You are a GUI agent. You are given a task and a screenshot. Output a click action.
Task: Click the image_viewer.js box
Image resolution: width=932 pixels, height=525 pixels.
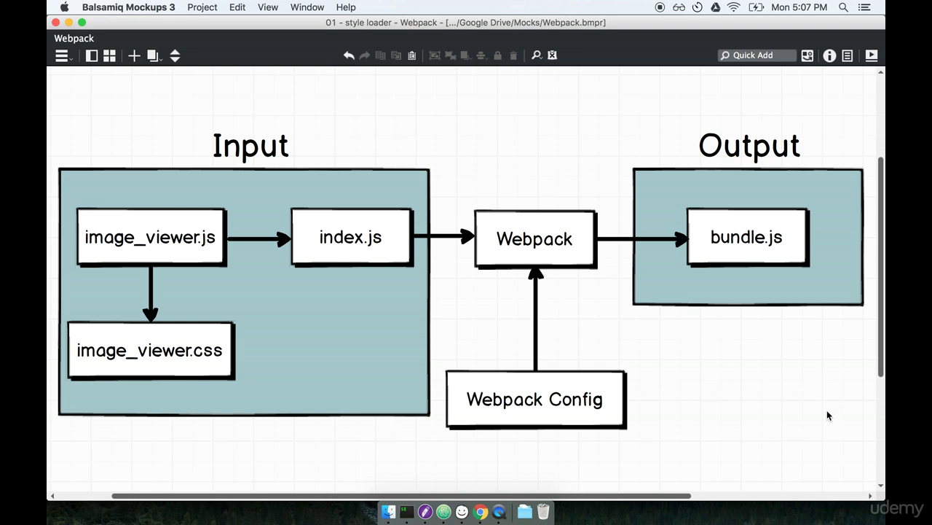click(151, 237)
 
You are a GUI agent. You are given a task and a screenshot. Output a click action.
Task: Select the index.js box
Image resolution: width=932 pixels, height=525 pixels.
click(351, 237)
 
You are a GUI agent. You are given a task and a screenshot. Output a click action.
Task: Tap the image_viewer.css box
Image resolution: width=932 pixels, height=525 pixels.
click(150, 351)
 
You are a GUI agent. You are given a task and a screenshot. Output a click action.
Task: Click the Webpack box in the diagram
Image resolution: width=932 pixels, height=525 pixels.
click(534, 239)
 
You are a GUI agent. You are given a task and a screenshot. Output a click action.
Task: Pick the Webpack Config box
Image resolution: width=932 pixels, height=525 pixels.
click(535, 400)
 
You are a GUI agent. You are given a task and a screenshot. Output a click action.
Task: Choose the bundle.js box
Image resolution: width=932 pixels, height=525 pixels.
click(747, 237)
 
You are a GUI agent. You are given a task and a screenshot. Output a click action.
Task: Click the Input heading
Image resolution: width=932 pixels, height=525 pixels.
click(250, 146)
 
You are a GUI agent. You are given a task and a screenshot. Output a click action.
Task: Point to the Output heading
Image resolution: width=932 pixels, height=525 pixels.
click(749, 146)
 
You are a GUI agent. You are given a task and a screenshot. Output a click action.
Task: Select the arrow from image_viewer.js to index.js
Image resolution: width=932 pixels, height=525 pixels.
click(258, 238)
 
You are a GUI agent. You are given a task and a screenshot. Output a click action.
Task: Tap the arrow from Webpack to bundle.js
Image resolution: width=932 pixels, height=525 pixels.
click(641, 238)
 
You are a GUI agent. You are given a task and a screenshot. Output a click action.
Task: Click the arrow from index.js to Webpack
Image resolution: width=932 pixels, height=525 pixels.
click(443, 236)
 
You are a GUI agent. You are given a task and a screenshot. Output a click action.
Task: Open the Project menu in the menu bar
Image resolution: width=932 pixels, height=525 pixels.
click(202, 7)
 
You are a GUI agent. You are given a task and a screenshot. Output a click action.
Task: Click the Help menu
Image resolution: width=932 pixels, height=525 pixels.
click(346, 7)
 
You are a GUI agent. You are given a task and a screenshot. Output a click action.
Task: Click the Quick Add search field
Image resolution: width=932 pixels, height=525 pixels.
click(757, 55)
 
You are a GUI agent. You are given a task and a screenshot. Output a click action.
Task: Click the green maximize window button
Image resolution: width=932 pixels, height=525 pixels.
click(82, 23)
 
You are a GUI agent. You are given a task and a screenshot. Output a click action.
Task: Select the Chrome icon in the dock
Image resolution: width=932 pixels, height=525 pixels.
click(481, 512)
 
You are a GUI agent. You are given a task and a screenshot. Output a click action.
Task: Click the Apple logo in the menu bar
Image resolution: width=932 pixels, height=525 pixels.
click(64, 7)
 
